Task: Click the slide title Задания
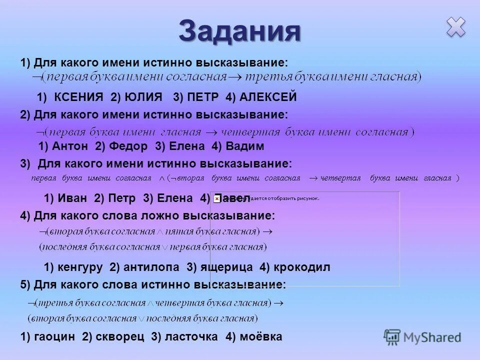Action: [240, 31]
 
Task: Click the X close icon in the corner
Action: [456, 27]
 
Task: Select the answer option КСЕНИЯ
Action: [79, 96]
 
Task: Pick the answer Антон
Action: [69, 146]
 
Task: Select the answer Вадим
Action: [244, 146]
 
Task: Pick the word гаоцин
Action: [54, 337]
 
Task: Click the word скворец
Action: [117, 337]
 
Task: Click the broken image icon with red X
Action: [216, 198]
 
